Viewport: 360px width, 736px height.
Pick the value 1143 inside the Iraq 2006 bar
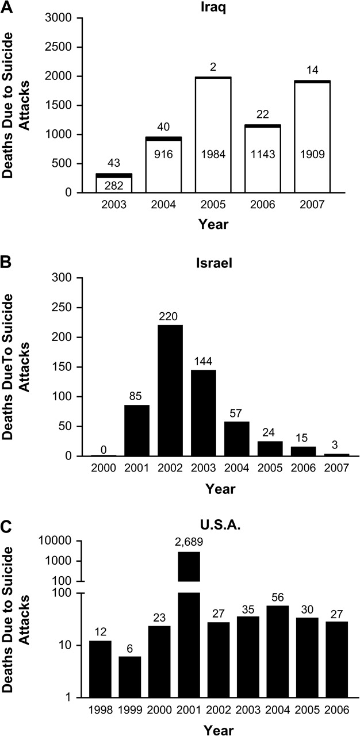pyautogui.click(x=279, y=155)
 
